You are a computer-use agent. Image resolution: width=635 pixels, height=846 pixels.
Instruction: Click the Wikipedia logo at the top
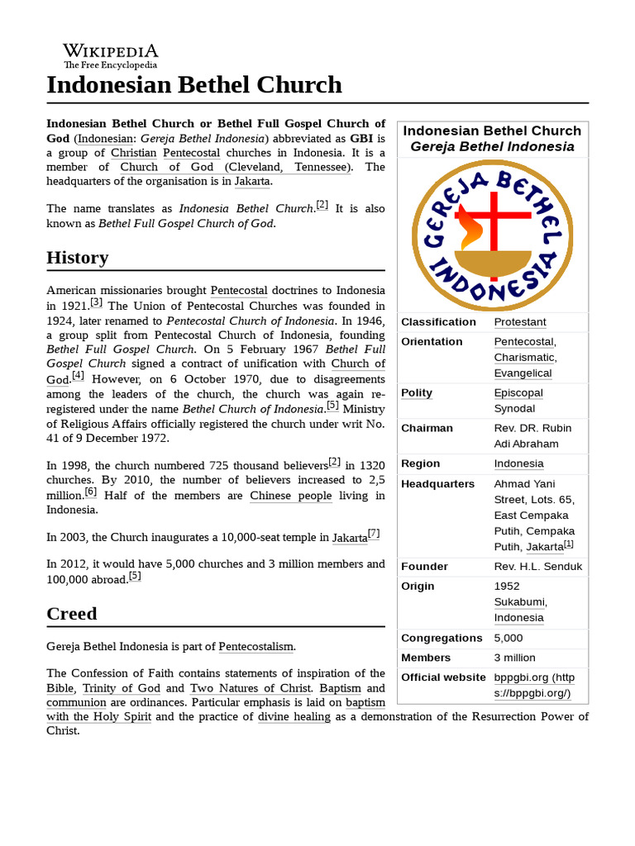click(x=110, y=55)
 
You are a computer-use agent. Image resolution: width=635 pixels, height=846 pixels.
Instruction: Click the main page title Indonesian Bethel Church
click(x=194, y=84)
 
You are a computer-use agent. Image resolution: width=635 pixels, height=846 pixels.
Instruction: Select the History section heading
click(x=78, y=257)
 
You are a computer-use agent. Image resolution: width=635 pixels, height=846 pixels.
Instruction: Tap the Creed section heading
click(x=72, y=613)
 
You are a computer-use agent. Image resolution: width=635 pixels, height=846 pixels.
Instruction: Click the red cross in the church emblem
click(x=494, y=225)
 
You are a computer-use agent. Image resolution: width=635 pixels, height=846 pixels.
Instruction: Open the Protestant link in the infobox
click(x=520, y=321)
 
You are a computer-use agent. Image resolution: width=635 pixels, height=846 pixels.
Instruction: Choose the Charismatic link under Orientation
click(x=524, y=357)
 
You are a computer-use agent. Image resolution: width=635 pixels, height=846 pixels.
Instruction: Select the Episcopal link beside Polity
click(x=518, y=392)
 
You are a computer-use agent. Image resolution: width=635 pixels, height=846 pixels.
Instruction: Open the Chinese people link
click(x=290, y=496)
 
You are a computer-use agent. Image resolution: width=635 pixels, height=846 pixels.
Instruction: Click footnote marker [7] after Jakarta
click(x=374, y=534)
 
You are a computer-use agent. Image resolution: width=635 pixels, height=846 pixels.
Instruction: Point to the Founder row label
click(x=424, y=566)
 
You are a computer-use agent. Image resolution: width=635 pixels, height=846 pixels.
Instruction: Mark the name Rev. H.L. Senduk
click(x=537, y=566)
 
